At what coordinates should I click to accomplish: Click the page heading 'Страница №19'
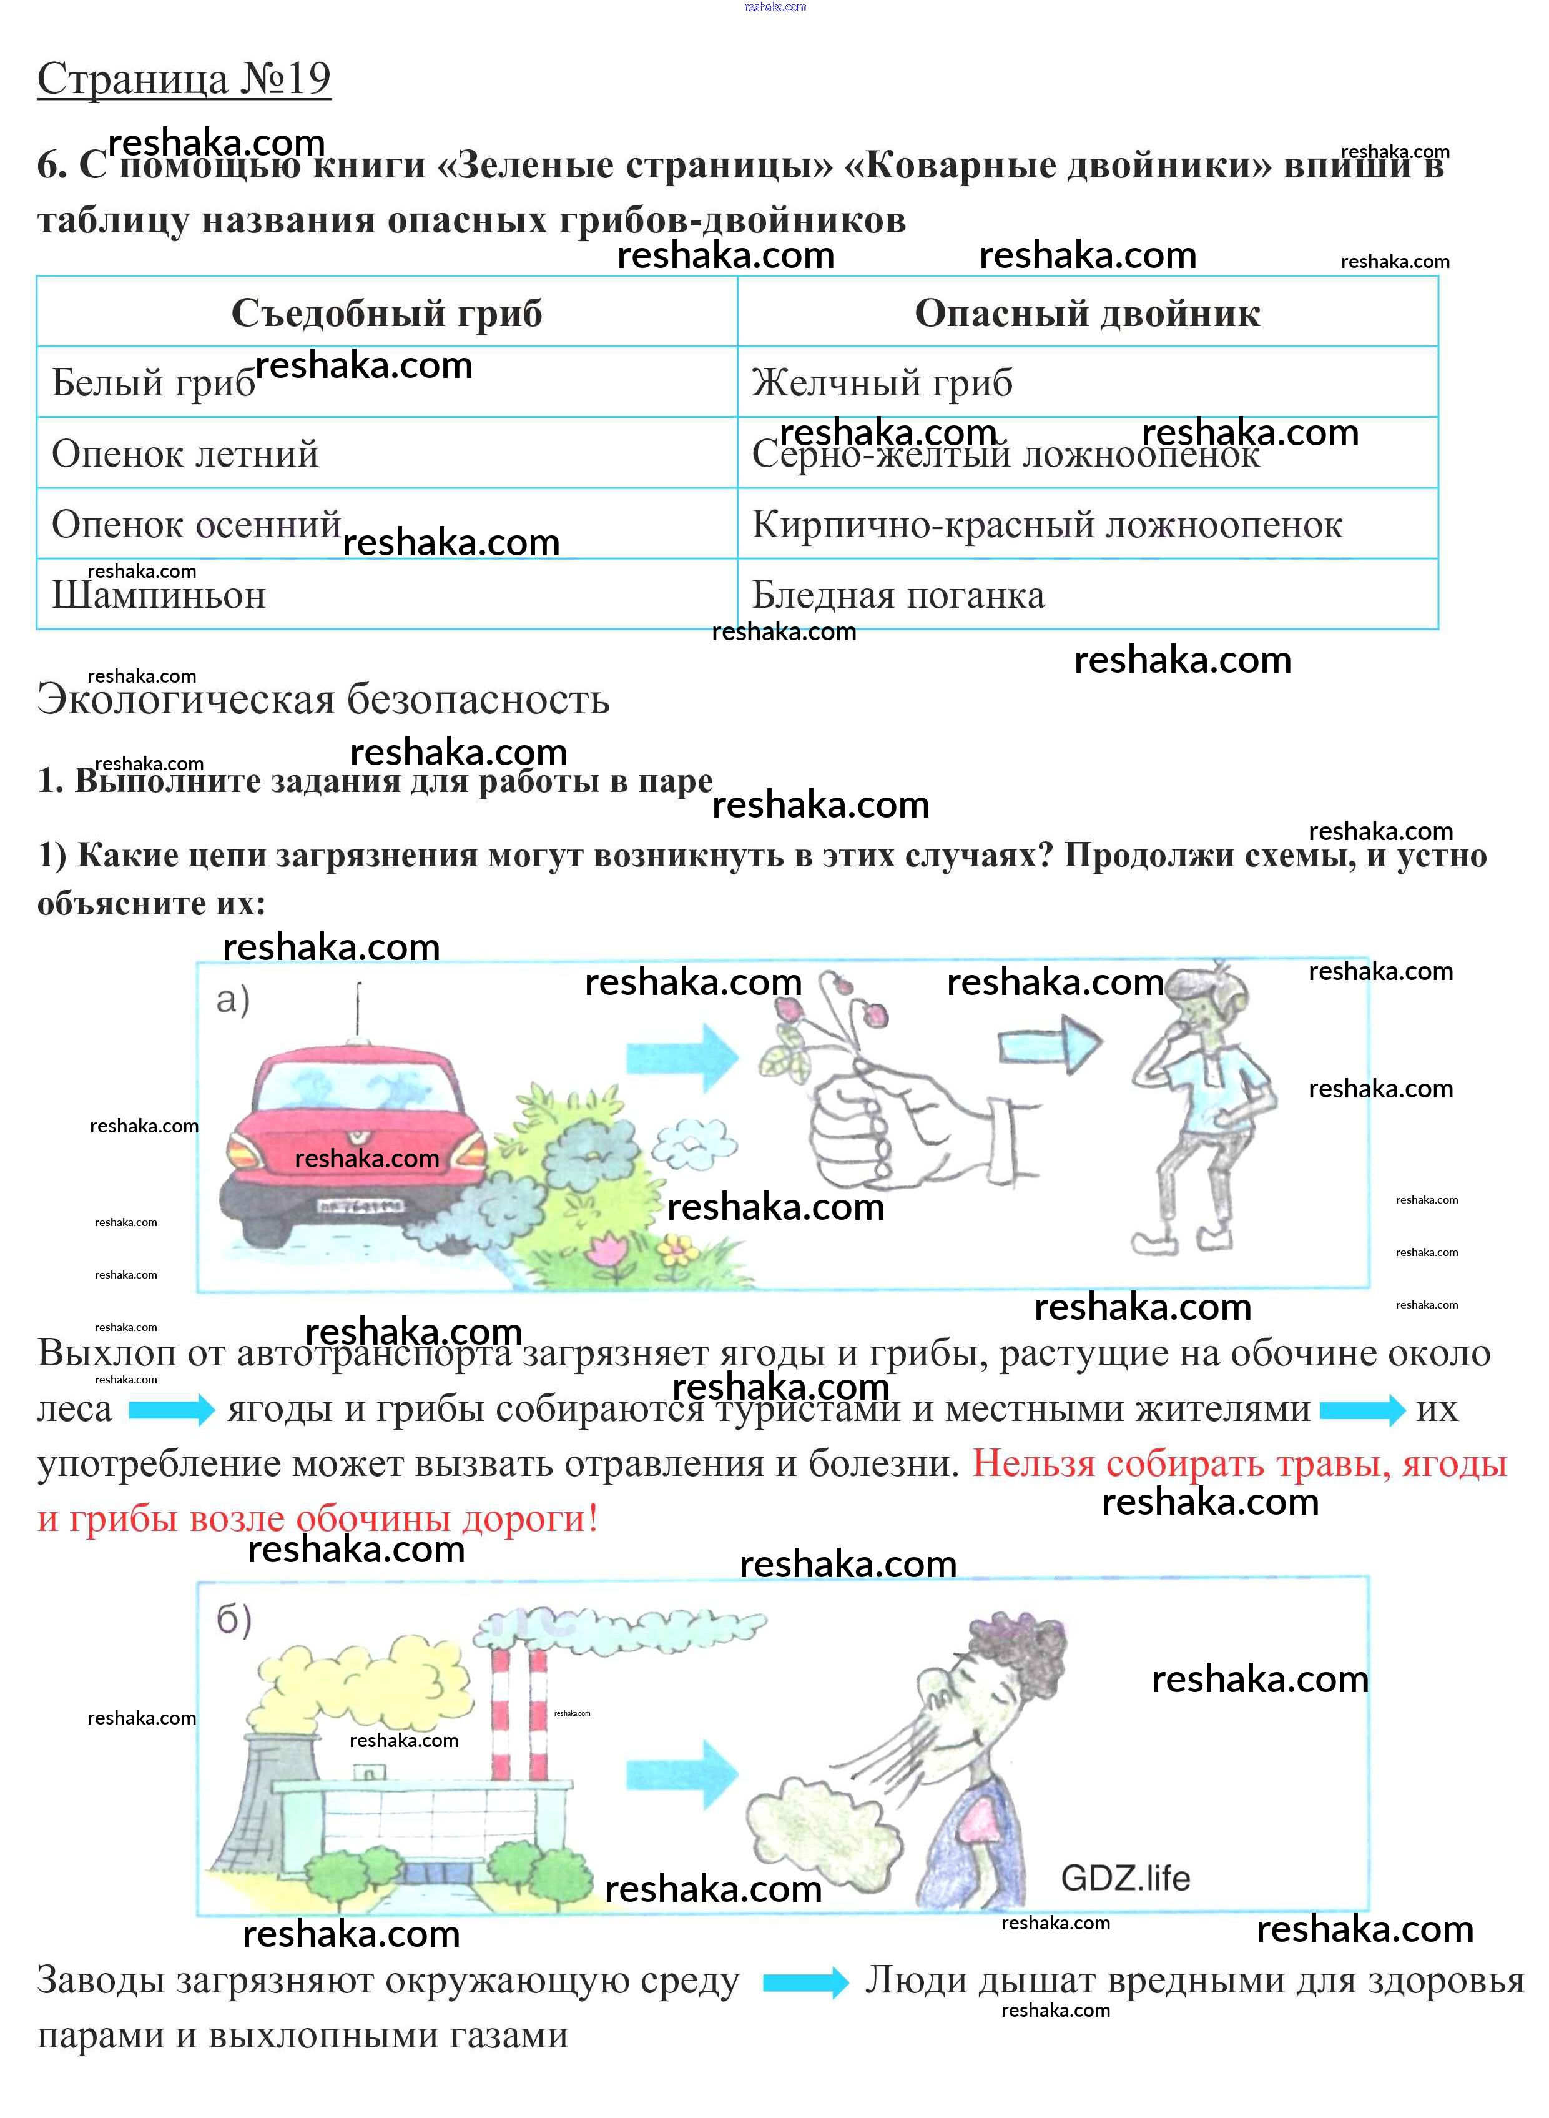click(x=184, y=79)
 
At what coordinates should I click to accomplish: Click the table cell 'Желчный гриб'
click(x=882, y=383)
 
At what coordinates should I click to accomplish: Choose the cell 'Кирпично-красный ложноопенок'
click(x=1046, y=524)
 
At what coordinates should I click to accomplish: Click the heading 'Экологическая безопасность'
click(x=323, y=700)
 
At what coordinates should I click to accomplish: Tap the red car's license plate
click(x=361, y=1205)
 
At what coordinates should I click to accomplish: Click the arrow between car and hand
click(x=682, y=1057)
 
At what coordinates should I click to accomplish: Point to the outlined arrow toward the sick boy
click(x=1048, y=1044)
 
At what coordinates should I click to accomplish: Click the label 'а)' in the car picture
click(x=232, y=1000)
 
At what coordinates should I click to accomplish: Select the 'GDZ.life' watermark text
click(x=1125, y=1878)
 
